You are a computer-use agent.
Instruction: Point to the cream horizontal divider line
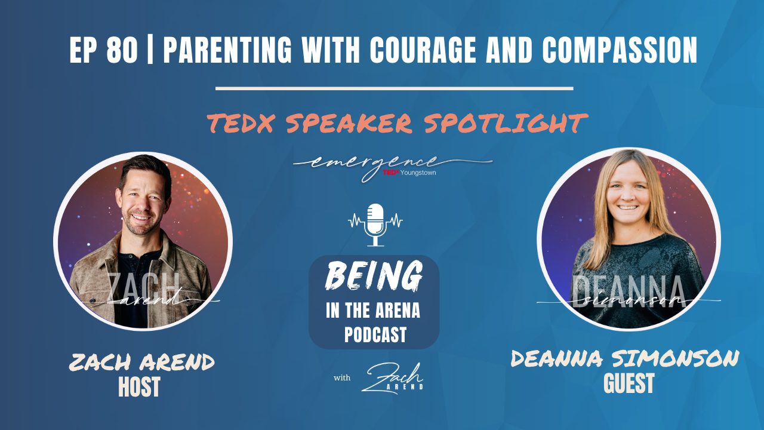pyautogui.click(x=394, y=88)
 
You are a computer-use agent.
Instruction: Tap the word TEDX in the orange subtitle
pyautogui.click(x=242, y=123)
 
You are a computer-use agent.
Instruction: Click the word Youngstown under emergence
pyautogui.click(x=418, y=173)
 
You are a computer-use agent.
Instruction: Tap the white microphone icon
pyautogui.click(x=375, y=225)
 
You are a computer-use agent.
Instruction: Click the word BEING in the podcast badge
pyautogui.click(x=374, y=276)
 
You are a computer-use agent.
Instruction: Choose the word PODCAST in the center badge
pyautogui.click(x=375, y=334)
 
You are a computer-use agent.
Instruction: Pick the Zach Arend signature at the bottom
pyautogui.click(x=392, y=378)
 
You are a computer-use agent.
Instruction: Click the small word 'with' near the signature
pyautogui.click(x=342, y=378)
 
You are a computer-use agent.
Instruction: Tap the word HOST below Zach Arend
pyautogui.click(x=140, y=386)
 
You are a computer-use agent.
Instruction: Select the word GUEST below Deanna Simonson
pyautogui.click(x=629, y=383)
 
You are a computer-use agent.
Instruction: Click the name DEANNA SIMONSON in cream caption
pyautogui.click(x=625, y=359)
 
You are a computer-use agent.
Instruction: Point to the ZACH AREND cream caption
pyautogui.click(x=141, y=362)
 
